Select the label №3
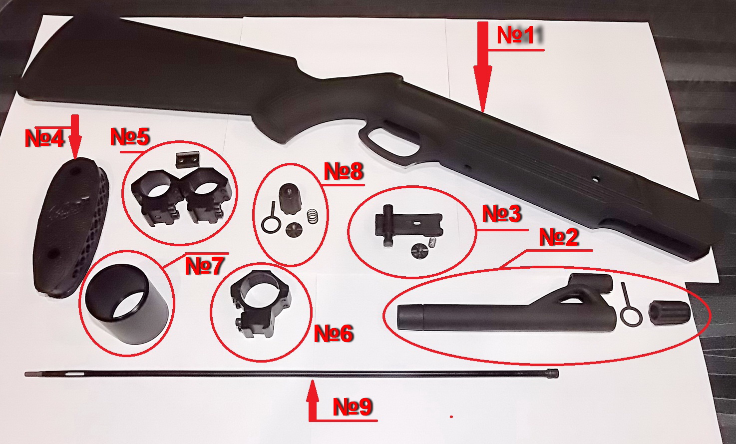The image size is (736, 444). click(502, 213)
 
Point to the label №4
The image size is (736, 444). click(44, 138)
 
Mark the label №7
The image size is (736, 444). click(205, 266)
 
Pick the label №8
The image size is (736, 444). click(344, 171)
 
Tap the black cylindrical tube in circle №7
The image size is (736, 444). click(127, 304)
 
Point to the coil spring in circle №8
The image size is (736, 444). click(313, 217)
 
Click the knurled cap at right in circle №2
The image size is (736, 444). click(669, 312)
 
